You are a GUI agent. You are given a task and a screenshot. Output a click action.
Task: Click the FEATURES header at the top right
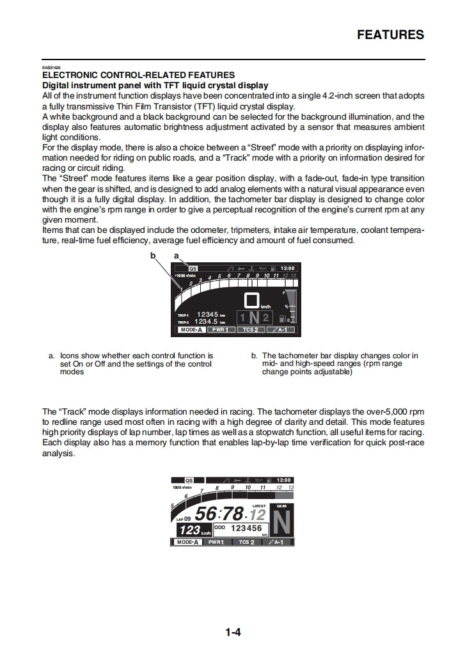click(x=390, y=35)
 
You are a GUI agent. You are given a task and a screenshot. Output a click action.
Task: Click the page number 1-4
click(x=232, y=633)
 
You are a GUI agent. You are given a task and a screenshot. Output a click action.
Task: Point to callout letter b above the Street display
click(x=153, y=255)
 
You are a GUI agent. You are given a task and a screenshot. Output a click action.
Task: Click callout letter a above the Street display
click(x=176, y=255)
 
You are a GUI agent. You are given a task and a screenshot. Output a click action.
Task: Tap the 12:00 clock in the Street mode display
click(x=288, y=268)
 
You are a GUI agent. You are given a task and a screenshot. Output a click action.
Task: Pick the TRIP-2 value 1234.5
click(x=208, y=321)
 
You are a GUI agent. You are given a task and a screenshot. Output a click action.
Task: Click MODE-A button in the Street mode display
click(x=191, y=330)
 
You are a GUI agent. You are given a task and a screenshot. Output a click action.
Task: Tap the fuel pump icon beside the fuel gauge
click(x=291, y=319)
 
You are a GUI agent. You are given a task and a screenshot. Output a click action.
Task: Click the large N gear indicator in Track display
click(x=283, y=523)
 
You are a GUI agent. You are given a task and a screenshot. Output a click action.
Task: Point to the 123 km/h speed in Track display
click(x=190, y=530)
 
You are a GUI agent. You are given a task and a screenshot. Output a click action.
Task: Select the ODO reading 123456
click(x=246, y=528)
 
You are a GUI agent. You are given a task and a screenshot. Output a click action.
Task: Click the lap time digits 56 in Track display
click(x=206, y=514)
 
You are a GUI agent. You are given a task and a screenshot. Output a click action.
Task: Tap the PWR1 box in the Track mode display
click(x=216, y=542)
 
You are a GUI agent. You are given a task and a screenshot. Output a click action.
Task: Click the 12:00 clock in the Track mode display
click(x=283, y=480)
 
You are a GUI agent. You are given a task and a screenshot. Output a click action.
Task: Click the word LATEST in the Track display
click(x=259, y=505)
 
